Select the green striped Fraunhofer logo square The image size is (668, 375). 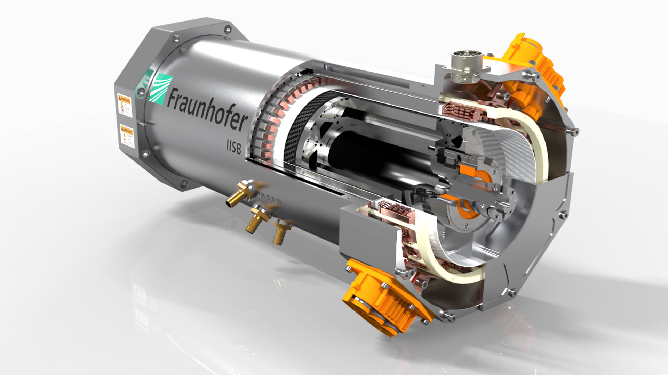coord(159,89)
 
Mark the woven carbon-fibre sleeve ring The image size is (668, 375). coord(296,132)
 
